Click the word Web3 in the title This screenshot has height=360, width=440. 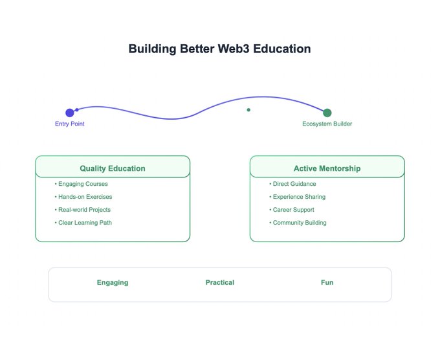[227, 49]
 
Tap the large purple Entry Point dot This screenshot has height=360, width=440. [70, 113]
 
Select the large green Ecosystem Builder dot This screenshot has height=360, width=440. [327, 113]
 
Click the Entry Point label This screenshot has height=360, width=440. [70, 124]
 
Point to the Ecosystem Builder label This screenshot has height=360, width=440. [327, 124]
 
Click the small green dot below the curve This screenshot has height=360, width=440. [248, 110]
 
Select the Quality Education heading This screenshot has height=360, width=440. [113, 168]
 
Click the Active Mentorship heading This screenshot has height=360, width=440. [327, 168]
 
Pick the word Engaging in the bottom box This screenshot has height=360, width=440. [113, 282]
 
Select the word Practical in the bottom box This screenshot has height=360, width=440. [220, 282]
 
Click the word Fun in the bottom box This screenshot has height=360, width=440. [327, 282]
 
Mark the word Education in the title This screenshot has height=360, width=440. [279, 49]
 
